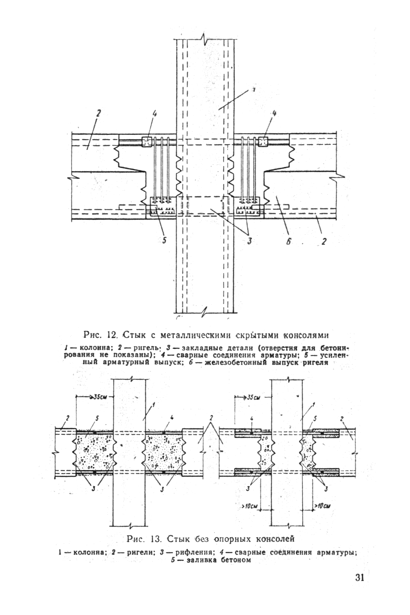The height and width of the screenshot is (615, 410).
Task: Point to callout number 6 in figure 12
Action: [x=288, y=242]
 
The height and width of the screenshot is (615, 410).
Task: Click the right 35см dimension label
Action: [x=252, y=397]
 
